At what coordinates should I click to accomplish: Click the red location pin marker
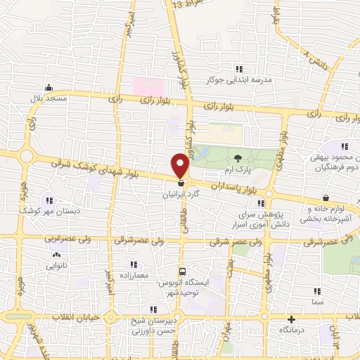181,165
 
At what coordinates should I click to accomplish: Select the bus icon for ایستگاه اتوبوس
183,271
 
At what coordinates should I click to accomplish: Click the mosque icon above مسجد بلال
49,88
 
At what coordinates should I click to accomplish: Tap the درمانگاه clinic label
292,329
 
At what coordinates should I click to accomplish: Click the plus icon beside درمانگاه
292,319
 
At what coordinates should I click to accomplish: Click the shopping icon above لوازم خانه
327,198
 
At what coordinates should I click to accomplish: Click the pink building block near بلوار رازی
149,88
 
